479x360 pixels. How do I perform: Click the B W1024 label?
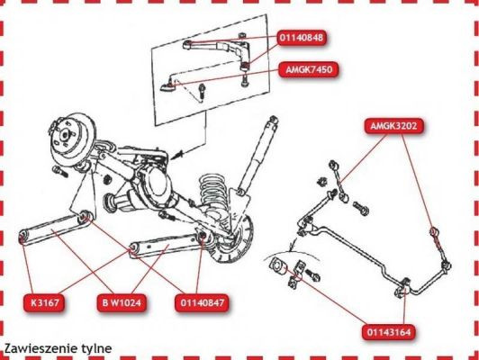coord(124,302)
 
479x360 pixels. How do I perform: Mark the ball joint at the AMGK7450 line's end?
coord(167,86)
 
